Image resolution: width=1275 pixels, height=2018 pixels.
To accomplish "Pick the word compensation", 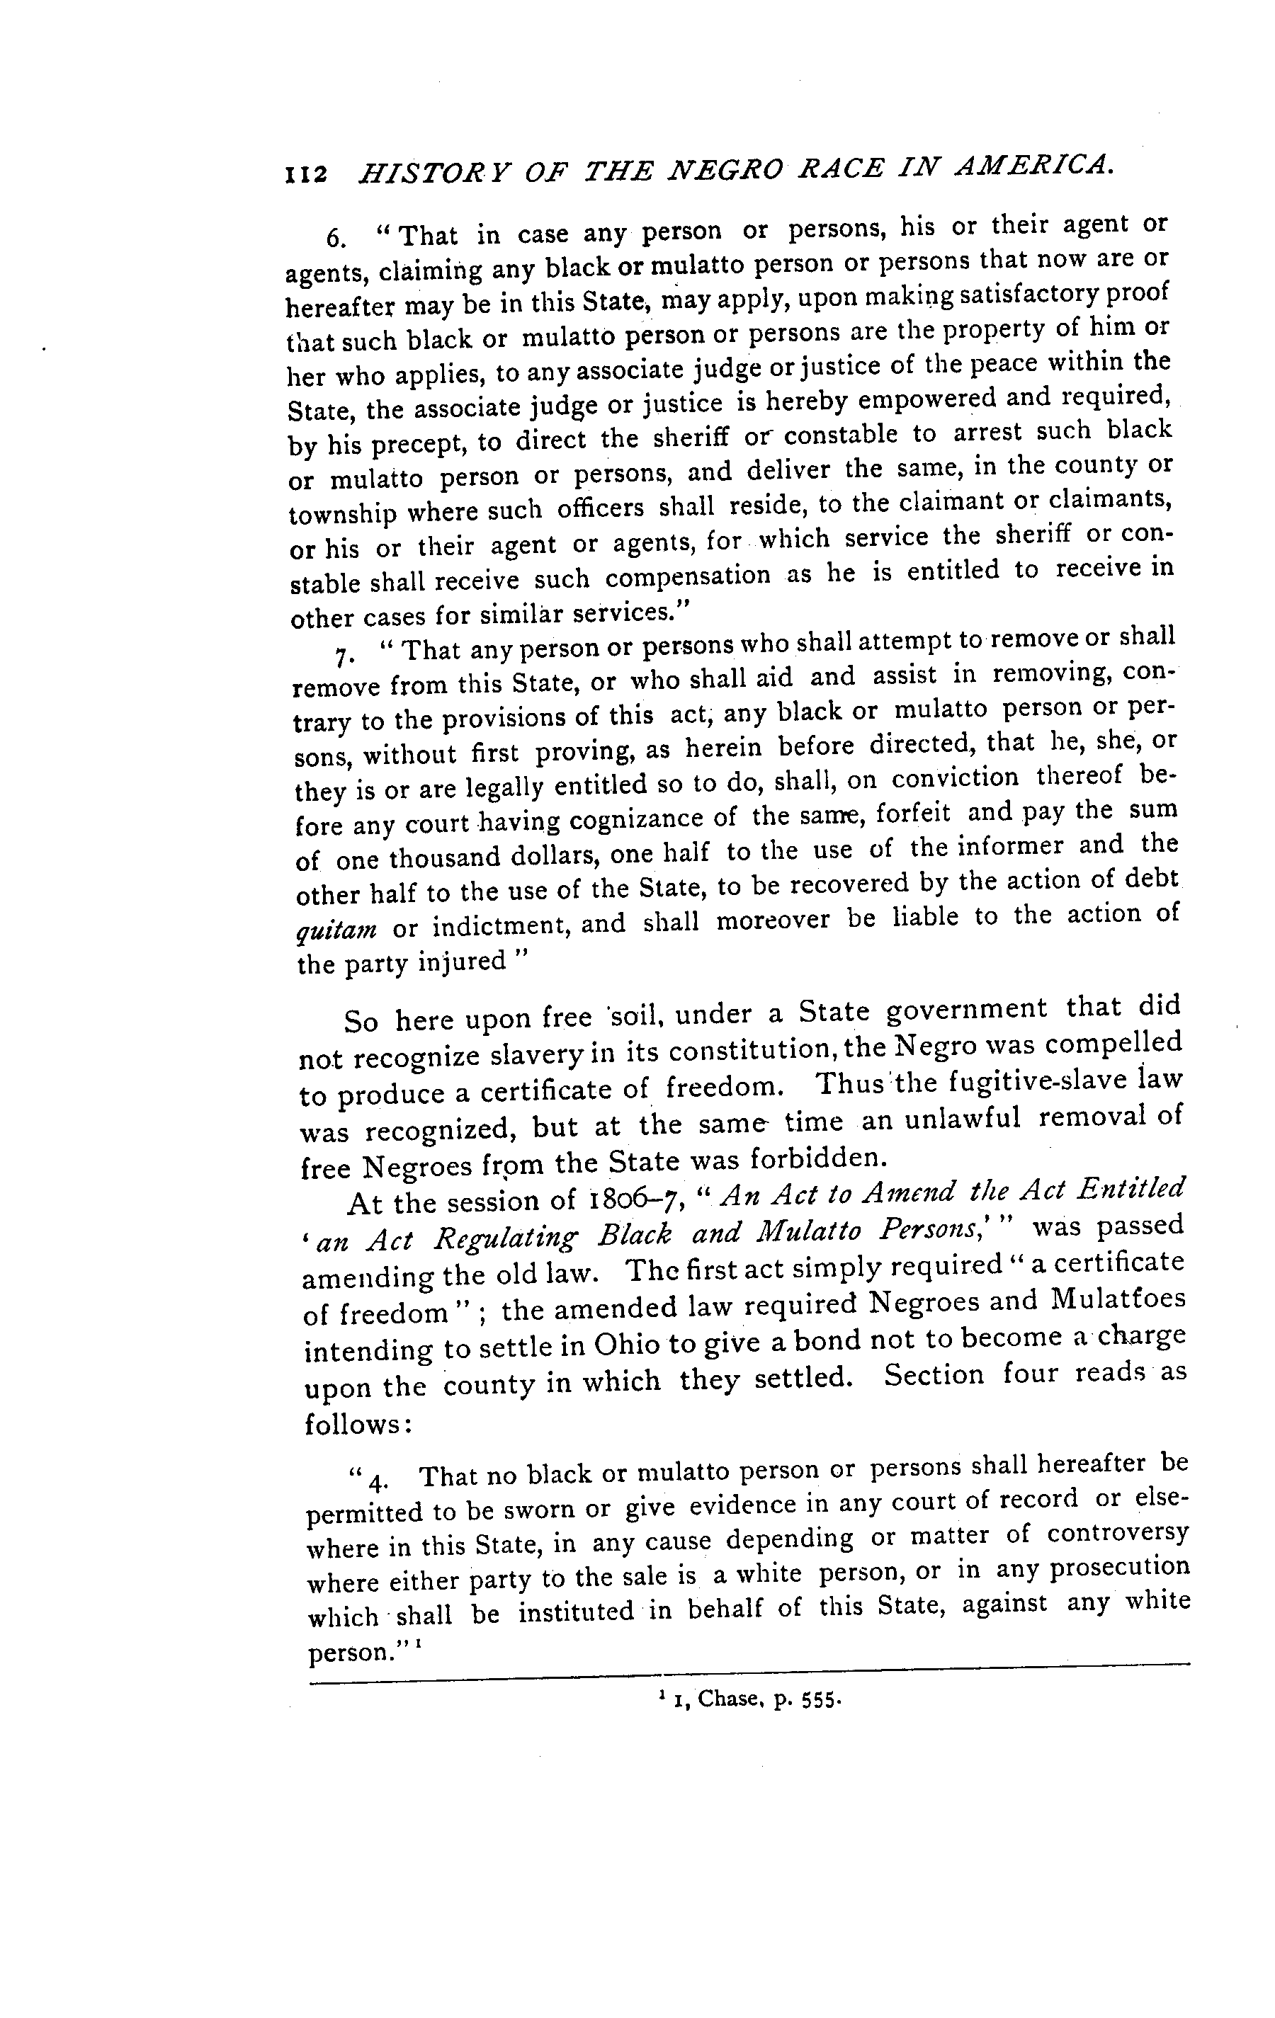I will click(x=687, y=577).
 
